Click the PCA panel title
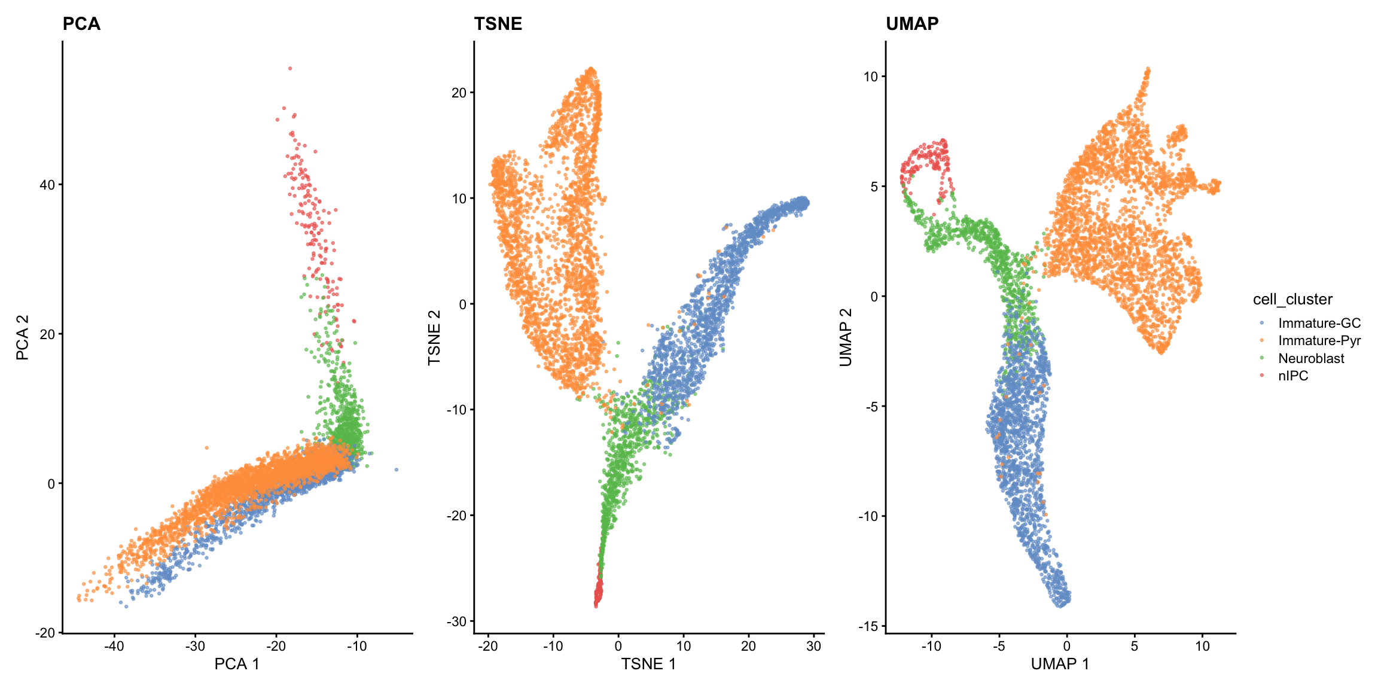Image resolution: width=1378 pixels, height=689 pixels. coord(81,24)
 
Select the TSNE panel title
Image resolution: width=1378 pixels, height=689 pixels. coord(498,24)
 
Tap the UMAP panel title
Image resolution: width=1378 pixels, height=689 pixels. coord(911,24)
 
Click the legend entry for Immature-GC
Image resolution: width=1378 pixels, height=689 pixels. coord(1319,323)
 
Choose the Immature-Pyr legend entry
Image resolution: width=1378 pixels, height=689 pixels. coord(1319,340)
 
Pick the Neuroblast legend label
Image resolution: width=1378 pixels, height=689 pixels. coord(1311,358)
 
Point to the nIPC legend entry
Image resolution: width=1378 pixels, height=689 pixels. coord(1293,376)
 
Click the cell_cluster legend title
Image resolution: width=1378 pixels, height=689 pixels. coord(1292,299)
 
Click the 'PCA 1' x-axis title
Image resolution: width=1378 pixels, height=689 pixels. coord(237,664)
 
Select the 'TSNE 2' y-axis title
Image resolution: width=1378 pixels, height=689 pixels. coord(434,338)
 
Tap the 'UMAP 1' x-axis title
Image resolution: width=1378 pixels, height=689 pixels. coord(1060,664)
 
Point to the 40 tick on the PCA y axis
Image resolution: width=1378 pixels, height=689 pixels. coord(47,185)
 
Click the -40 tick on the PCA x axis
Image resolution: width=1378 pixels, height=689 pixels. coord(114,647)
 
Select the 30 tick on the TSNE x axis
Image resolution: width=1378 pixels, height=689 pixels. coord(813,647)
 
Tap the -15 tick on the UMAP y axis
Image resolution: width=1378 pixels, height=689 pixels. coord(870,626)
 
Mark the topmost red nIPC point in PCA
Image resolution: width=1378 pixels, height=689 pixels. coord(290,68)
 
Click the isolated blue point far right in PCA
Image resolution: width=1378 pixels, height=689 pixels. coord(396,470)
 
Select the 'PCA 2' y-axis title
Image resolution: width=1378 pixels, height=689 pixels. coord(23,338)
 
